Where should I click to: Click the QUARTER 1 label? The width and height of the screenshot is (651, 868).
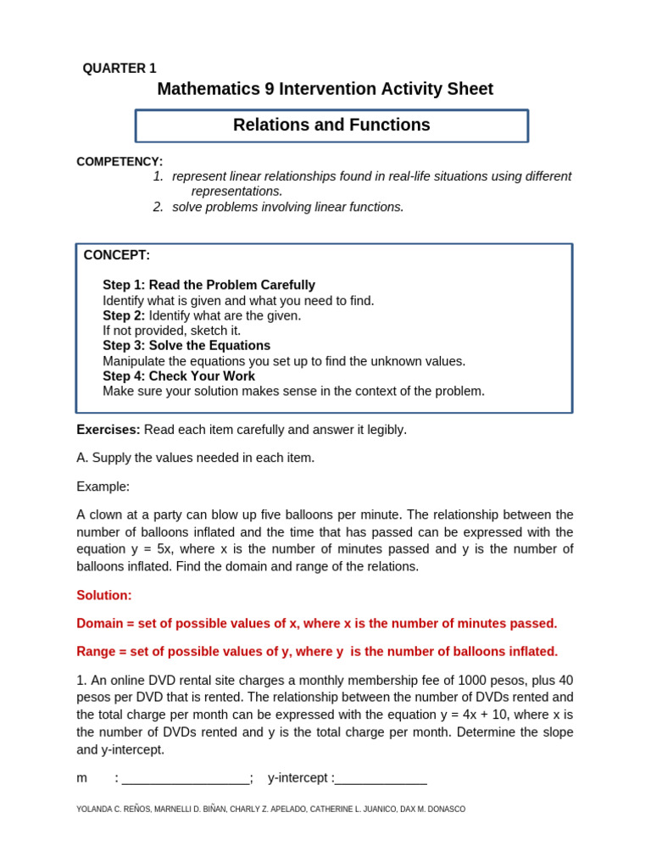(x=120, y=69)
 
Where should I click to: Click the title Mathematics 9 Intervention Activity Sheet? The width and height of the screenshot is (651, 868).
(x=325, y=89)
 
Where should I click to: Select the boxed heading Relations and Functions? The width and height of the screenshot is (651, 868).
(x=331, y=125)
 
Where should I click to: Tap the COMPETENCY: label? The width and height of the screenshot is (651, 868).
(x=120, y=161)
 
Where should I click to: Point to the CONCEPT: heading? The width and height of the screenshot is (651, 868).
(x=116, y=255)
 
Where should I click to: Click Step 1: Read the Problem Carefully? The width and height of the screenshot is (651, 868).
(x=209, y=286)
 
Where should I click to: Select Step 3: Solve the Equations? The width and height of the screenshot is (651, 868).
(x=186, y=346)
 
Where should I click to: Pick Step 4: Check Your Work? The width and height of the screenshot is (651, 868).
(x=179, y=376)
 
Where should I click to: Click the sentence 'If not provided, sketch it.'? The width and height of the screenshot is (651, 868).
(x=171, y=331)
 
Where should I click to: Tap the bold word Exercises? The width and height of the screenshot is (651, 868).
(x=108, y=430)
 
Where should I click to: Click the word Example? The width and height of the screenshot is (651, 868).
(x=103, y=487)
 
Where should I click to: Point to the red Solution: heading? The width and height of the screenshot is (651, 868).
(x=104, y=596)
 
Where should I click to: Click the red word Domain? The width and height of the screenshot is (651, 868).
(x=100, y=624)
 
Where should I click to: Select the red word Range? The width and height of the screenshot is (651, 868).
(x=95, y=652)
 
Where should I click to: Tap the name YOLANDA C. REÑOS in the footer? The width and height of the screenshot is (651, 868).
(x=113, y=810)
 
